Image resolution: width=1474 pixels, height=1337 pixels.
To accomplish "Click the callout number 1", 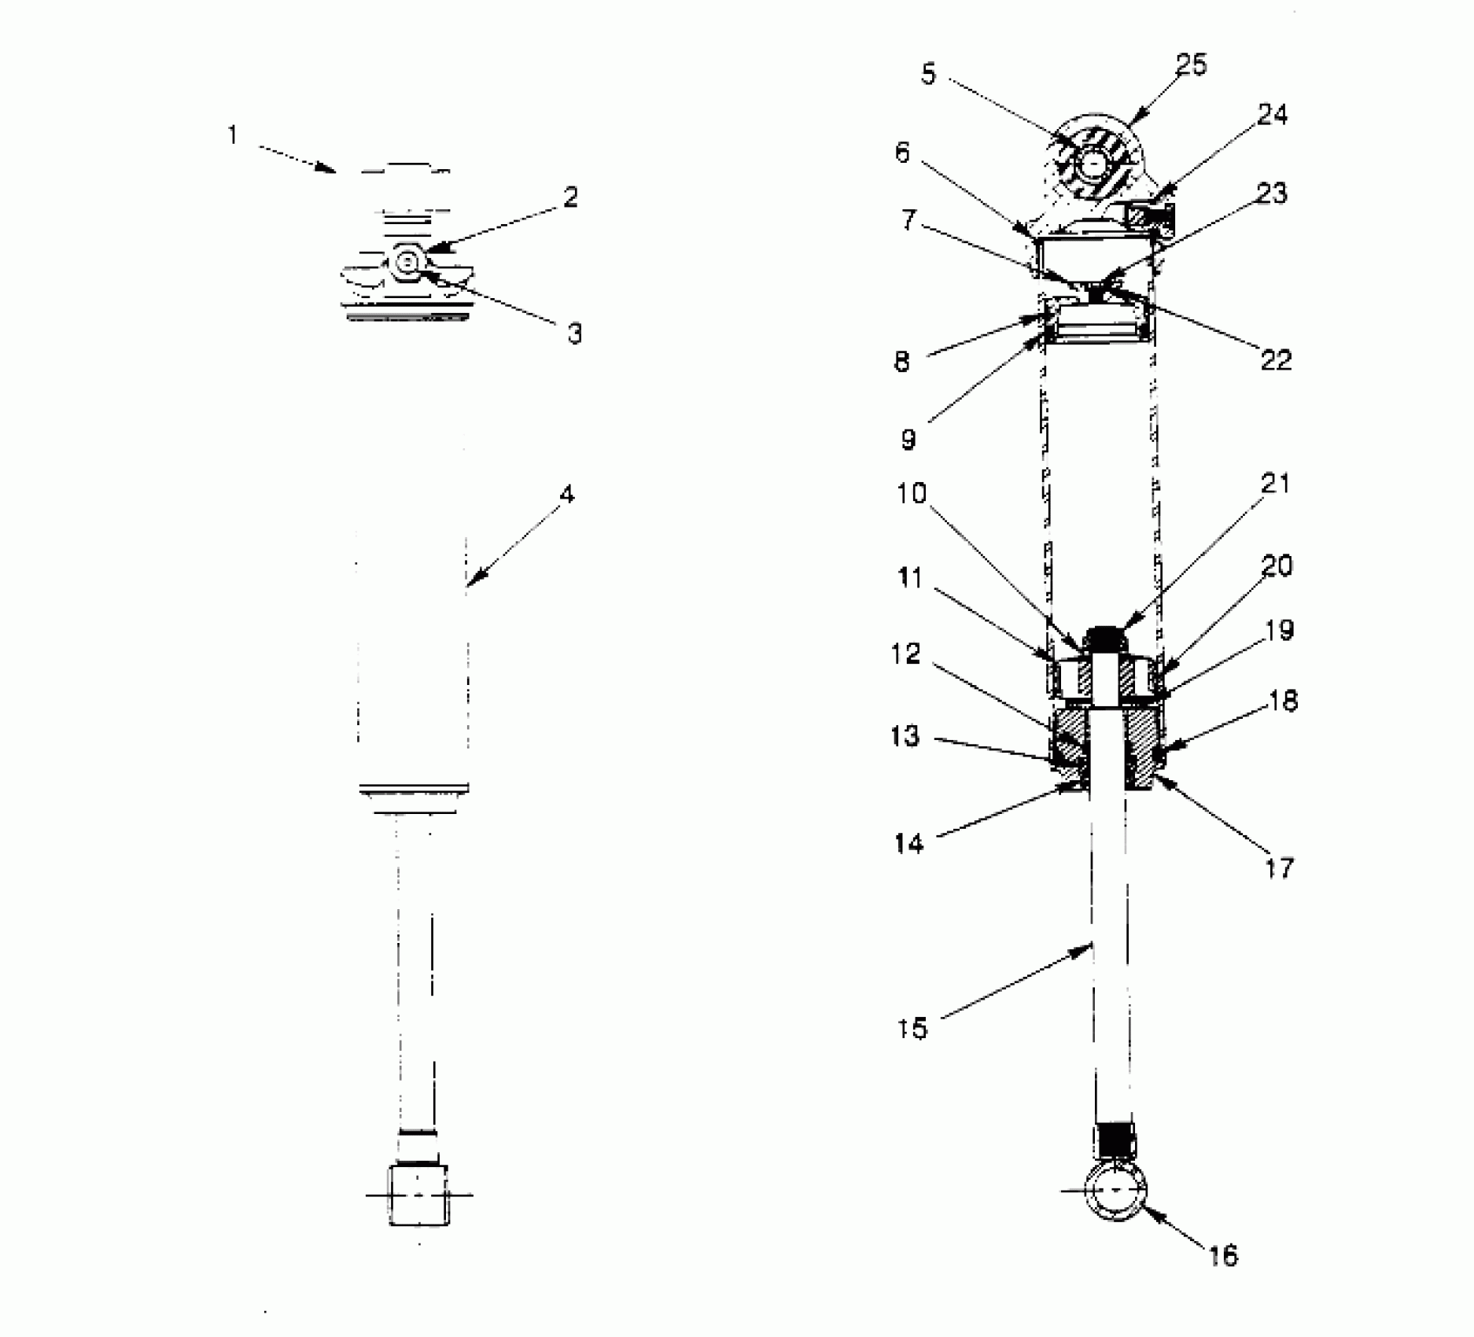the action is (x=232, y=135).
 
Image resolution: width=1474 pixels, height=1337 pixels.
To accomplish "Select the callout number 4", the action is (x=567, y=495).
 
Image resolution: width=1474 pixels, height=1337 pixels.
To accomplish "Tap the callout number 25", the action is (x=1191, y=65).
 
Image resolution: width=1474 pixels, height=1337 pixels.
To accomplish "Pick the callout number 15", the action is (x=912, y=1028).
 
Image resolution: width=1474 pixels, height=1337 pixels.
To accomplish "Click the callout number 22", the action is (x=1276, y=360).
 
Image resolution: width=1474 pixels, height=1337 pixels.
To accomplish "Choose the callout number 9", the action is (x=908, y=440).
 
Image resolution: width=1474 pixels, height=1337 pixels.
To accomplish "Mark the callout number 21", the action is (x=1275, y=483).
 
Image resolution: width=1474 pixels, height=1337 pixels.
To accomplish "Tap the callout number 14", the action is (x=908, y=844).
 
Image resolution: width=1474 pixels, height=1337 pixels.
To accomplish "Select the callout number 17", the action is (x=1279, y=868).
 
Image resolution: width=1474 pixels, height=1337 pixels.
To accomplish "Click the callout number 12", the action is (x=906, y=653).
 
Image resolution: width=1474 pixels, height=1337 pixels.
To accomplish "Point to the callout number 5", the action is (x=929, y=75).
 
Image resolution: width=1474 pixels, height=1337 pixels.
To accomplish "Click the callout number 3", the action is (x=575, y=333).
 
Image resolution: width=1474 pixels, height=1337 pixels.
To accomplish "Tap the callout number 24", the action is (x=1273, y=116).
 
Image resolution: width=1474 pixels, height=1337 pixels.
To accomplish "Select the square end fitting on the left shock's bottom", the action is (x=418, y=1195).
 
